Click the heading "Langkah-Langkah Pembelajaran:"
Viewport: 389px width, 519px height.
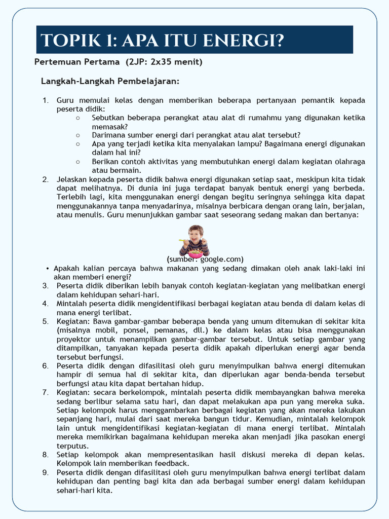[x=110, y=81]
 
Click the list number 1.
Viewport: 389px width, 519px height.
[x=45, y=100]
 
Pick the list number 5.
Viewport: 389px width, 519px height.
[x=45, y=321]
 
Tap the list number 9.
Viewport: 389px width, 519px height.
[x=45, y=472]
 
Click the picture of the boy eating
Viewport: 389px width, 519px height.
[x=194, y=241]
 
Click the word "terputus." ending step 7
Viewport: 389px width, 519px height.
[x=72, y=446]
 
